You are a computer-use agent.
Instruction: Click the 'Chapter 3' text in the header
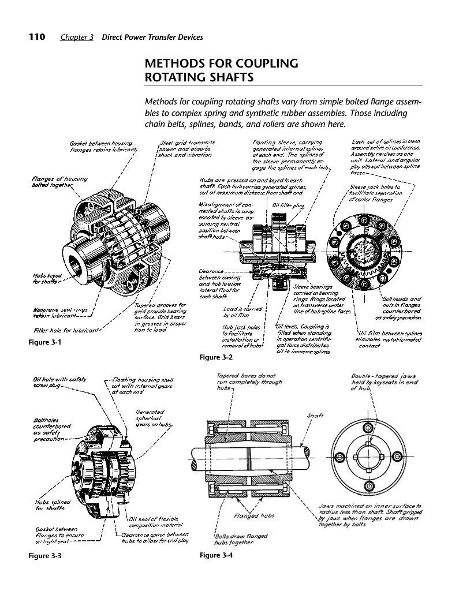click(77, 38)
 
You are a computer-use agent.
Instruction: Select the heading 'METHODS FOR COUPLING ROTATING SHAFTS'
click(221, 70)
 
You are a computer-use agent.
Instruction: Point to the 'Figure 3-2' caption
click(215, 357)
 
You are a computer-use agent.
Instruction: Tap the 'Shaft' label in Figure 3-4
click(314, 416)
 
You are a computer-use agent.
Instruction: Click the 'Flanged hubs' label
click(254, 515)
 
